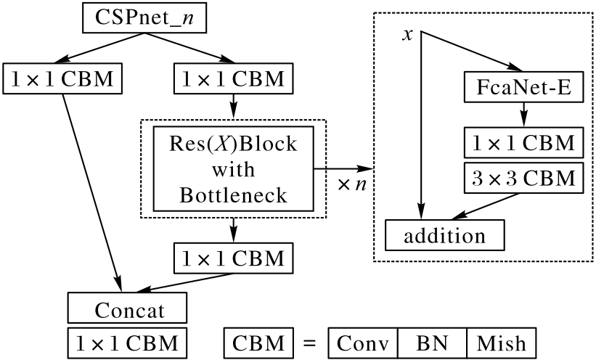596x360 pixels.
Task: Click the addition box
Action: tap(445, 234)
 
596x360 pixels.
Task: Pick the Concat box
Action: tap(129, 309)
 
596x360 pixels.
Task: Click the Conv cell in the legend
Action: tap(364, 341)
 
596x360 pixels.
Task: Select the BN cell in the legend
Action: tap(433, 341)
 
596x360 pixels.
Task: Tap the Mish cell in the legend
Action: tap(501, 341)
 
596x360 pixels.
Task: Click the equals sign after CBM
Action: tap(308, 342)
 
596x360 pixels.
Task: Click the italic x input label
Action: tap(408, 35)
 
